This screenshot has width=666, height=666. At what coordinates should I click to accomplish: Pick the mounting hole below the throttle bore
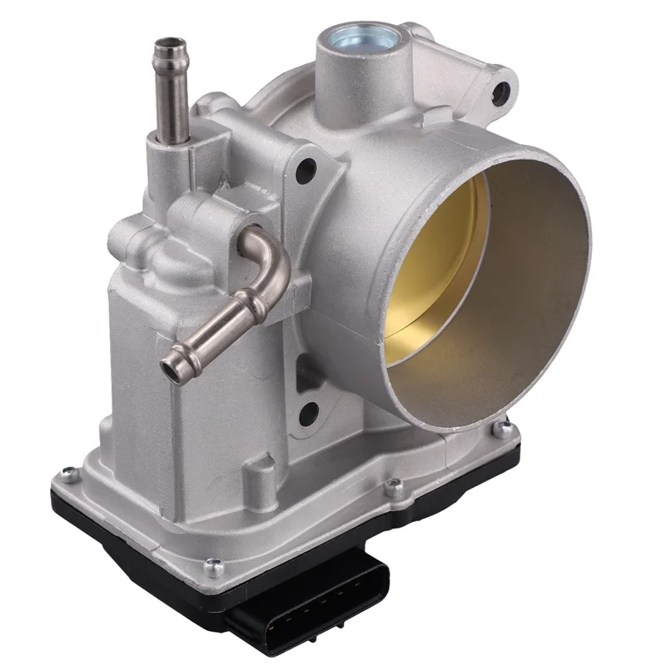307,410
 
